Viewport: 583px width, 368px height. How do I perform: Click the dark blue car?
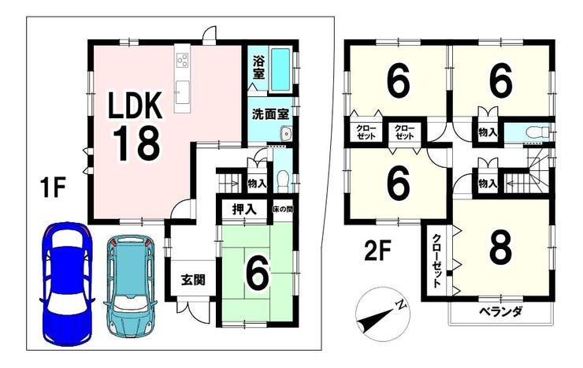coord(66,283)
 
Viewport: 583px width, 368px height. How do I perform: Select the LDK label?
coord(135,105)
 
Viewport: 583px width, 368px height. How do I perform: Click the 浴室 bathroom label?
coord(258,67)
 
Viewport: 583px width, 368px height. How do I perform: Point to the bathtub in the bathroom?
coord(280,70)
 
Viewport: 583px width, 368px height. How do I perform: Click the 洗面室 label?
coord(270,114)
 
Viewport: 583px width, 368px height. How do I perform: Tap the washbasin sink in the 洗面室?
coord(286,133)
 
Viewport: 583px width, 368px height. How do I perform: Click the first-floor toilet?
coord(284,180)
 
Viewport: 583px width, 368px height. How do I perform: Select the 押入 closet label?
coord(244,210)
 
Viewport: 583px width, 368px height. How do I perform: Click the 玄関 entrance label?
coord(193,279)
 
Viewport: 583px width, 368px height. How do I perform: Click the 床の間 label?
coord(283,210)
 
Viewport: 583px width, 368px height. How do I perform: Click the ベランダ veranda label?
coord(500,310)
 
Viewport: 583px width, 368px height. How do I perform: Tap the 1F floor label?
coord(53,188)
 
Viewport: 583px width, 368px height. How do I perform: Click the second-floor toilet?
coord(537,132)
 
